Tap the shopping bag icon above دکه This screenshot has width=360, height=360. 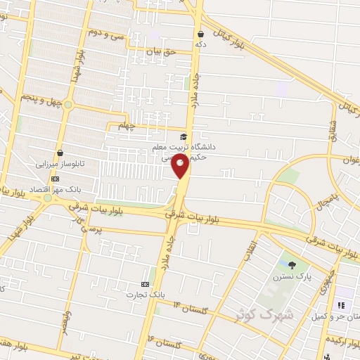(201, 33)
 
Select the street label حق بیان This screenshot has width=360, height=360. (159, 51)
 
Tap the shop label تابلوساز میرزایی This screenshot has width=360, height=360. (60, 164)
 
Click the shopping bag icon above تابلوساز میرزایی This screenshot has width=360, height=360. (60, 153)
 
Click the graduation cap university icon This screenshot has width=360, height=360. (184, 136)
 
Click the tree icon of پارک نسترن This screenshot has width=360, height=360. (292, 265)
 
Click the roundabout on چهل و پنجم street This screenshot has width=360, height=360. (68, 105)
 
